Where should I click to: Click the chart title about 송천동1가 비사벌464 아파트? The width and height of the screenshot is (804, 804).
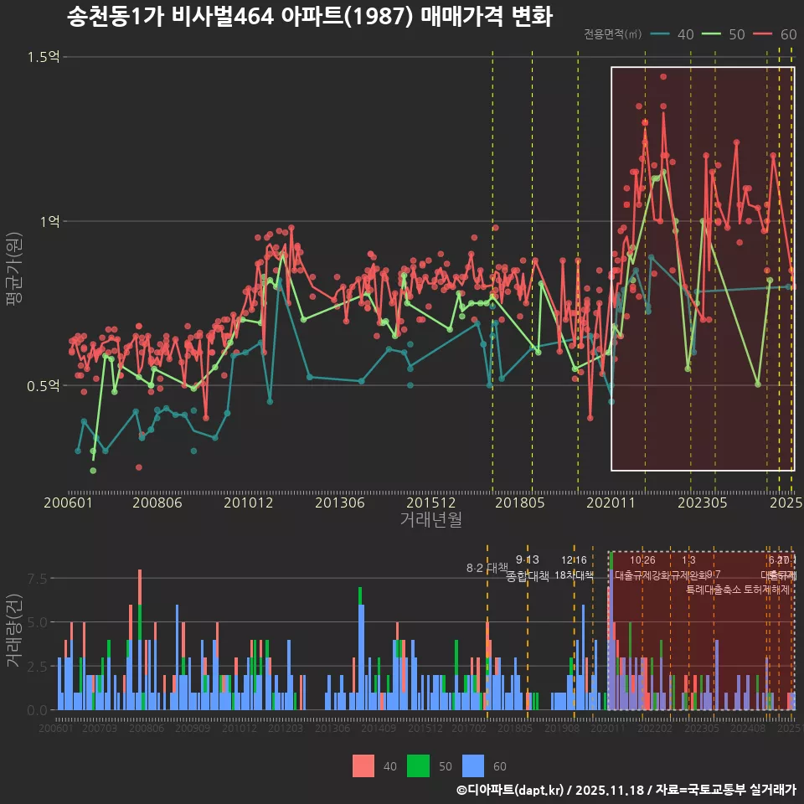coord(309,17)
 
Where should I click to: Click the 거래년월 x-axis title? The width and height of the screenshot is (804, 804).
coord(430,519)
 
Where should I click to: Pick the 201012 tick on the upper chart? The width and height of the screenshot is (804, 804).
coord(247,503)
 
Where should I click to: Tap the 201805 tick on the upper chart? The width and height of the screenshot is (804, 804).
coord(519,503)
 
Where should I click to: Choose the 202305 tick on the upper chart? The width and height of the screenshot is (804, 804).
coord(700,503)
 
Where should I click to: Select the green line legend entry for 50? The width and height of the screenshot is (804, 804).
coord(724,34)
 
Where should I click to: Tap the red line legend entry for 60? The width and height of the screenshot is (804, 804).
coord(776,34)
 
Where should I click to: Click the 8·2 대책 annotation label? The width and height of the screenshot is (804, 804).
coord(487,568)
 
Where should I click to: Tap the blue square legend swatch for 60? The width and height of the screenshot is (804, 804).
coord(474,765)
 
